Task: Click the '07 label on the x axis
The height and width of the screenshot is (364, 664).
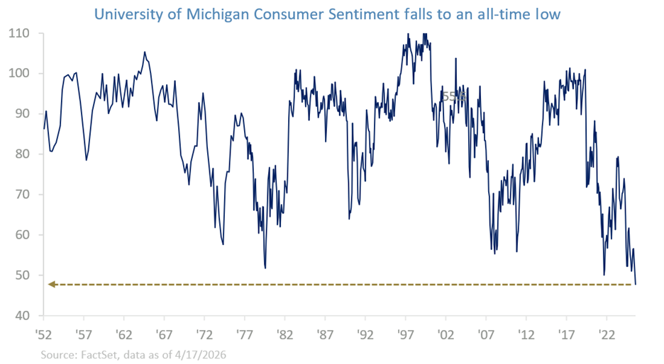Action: [486, 335]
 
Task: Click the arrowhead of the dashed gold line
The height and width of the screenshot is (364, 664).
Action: [52, 285]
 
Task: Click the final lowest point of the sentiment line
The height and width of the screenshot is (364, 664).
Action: [636, 284]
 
